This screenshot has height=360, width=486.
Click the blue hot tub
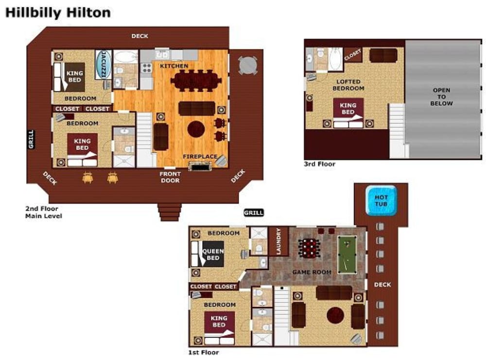[x=381, y=201]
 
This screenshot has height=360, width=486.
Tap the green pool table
[x=347, y=255]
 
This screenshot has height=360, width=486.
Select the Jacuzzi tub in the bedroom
[x=103, y=65]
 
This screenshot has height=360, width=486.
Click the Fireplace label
[x=200, y=156]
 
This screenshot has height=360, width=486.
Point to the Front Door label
[x=170, y=177]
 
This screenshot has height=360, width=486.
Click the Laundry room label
[x=278, y=241]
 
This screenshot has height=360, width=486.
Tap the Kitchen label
[x=174, y=66]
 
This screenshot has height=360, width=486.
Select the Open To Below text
[x=441, y=97]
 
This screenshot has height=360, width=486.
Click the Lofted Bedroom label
[x=348, y=85]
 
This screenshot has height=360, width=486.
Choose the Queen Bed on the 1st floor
[x=208, y=254]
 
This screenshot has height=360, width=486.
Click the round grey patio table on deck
[x=248, y=66]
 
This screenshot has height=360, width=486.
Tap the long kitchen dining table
[x=196, y=81]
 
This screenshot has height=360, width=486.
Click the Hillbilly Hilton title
[x=58, y=13]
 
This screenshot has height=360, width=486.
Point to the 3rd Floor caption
[x=320, y=164]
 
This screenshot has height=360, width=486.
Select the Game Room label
[x=312, y=272]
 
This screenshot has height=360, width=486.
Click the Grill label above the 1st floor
[x=254, y=212]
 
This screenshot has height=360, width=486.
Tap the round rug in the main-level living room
[x=196, y=129]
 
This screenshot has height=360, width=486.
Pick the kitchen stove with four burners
[x=147, y=68]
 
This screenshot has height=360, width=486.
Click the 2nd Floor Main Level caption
[x=43, y=212]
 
